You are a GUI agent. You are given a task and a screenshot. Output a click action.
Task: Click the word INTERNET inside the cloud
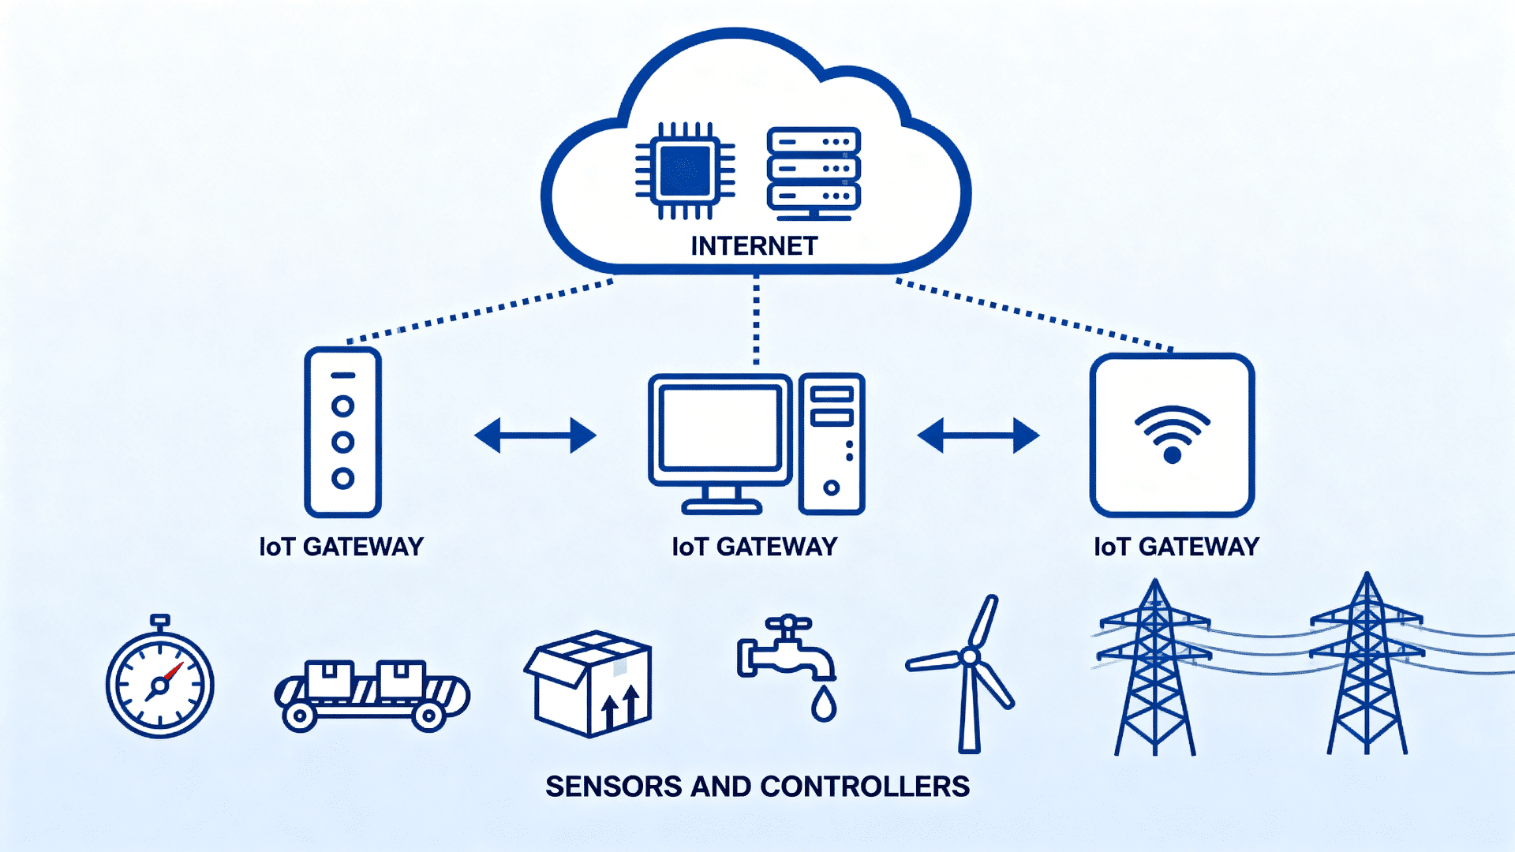pyautogui.click(x=754, y=246)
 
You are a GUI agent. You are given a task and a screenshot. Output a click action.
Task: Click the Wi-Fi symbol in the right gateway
pyautogui.click(x=1172, y=435)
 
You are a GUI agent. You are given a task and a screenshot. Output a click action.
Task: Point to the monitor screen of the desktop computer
pyautogui.click(x=719, y=428)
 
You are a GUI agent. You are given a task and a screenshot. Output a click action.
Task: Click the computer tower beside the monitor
pyautogui.click(x=831, y=444)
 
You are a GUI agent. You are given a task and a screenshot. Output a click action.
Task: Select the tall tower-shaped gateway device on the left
pyautogui.click(x=342, y=432)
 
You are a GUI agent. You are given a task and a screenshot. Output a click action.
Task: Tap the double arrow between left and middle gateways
pyautogui.click(x=535, y=435)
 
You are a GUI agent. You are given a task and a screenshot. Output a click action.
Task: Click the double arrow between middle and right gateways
pyautogui.click(x=978, y=435)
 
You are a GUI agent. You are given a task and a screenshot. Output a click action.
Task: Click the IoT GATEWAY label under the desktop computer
pyautogui.click(x=754, y=547)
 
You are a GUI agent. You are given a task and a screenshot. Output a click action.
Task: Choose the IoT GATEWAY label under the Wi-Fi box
pyautogui.click(x=1176, y=547)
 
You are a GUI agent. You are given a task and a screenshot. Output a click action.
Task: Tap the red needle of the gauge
pyautogui.click(x=173, y=673)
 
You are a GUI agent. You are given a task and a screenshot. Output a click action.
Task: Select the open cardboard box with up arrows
pyautogui.click(x=589, y=684)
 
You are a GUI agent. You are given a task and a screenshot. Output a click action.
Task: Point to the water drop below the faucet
pyautogui.click(x=823, y=704)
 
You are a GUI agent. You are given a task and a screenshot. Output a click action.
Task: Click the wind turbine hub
pyautogui.click(x=970, y=656)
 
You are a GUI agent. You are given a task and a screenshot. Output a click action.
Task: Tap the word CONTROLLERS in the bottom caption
pyautogui.click(x=865, y=787)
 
